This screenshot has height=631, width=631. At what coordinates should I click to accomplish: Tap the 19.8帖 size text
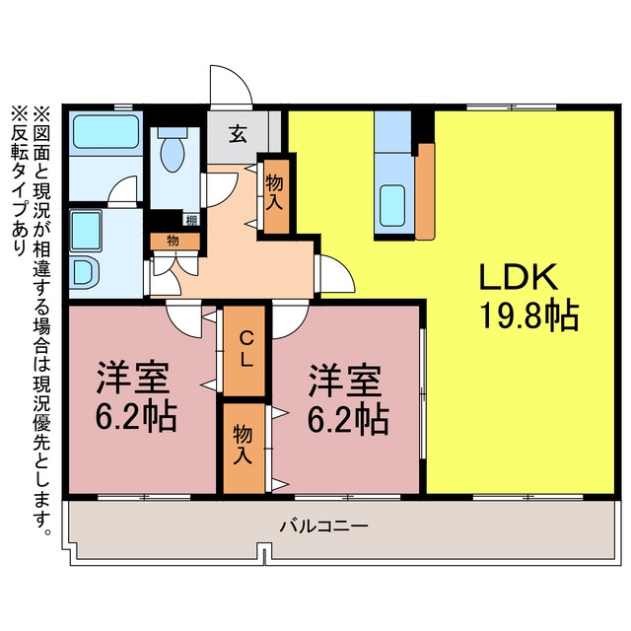pyautogui.click(x=528, y=315)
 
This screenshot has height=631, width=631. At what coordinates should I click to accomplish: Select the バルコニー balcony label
pyautogui.click(x=324, y=526)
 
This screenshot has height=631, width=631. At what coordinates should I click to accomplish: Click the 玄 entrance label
pyautogui.click(x=238, y=134)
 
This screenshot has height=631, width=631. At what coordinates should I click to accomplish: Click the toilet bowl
pyautogui.click(x=173, y=149)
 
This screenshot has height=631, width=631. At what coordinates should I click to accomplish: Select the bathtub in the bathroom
pyautogui.click(x=105, y=131)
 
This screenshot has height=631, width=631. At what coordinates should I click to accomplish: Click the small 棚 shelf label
pyautogui.click(x=191, y=220)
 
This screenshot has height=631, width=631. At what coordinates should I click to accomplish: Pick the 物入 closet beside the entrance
pyautogui.click(x=275, y=195)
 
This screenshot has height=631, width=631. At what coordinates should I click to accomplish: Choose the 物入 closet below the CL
pyautogui.click(x=245, y=448)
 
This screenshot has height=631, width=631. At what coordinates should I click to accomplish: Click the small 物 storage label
pyautogui.click(x=175, y=241)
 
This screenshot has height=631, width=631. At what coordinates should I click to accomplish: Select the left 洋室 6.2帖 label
pyautogui.click(x=135, y=396)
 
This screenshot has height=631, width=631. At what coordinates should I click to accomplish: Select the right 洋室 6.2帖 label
pyautogui.click(x=348, y=399)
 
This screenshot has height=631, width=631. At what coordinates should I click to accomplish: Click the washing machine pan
pyautogui.click(x=86, y=231)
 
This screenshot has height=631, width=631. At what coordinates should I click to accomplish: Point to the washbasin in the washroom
pyautogui.click(x=85, y=272)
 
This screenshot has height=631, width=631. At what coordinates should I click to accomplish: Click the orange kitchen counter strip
pyautogui.click(x=425, y=191)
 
